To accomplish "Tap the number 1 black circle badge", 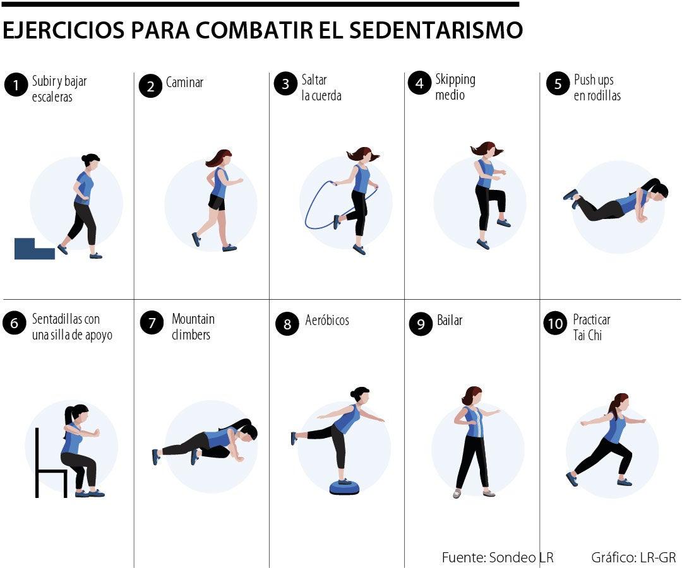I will pos(15,85).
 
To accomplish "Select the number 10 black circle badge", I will pos(555,324).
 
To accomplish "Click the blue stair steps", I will pos(34,249).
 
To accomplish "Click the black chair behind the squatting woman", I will pos(47,464).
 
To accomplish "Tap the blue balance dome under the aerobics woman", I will pos(344,487).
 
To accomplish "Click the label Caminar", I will pos(184,83).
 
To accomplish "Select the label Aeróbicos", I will pos(326,321).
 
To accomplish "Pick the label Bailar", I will pos(450,321).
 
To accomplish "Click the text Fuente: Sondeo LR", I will pos(497,557).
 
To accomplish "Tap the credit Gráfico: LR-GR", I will pos(633,557).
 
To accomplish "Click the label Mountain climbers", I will pos(192,327).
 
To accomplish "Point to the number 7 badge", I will pos(152,324).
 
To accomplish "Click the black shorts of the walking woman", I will pos(217,202).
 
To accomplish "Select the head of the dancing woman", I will pos(473,396).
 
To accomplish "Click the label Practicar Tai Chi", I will pos(591,327).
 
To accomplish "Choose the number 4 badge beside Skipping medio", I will pos(419,83).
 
